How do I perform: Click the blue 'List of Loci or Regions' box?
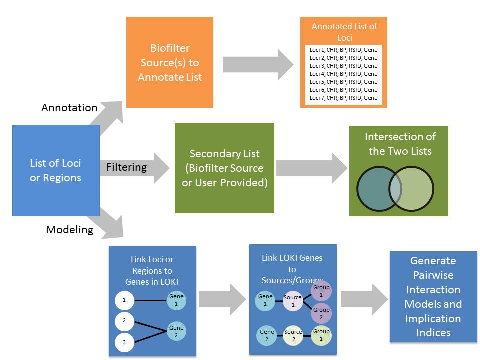pyautogui.click(x=56, y=170)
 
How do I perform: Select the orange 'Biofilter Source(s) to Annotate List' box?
pyautogui.click(x=170, y=62)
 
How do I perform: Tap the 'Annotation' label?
pyautogui.click(x=69, y=108)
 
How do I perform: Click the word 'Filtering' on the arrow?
pyautogui.click(x=126, y=167)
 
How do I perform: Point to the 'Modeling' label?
pyautogui.click(x=70, y=229)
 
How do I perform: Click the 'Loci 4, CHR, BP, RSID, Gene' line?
pyautogui.click(x=344, y=74)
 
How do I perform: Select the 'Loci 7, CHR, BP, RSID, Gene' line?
pyautogui.click(x=344, y=98)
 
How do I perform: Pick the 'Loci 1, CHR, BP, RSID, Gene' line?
pyautogui.click(x=344, y=50)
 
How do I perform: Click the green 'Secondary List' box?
pyautogui.click(x=224, y=168)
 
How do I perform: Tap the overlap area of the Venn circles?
pyautogui.click(x=395, y=189)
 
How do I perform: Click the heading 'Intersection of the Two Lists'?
pyautogui.click(x=400, y=144)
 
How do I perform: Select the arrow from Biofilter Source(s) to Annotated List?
pyautogui.click(x=258, y=65)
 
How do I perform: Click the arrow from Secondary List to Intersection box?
pyautogui.click(x=312, y=168)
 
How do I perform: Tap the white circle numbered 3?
pyautogui.click(x=124, y=342)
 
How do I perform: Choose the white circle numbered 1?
pyautogui.click(x=124, y=300)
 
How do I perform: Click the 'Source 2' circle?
pyautogui.click(x=293, y=335)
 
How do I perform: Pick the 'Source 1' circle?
pyautogui.click(x=293, y=301)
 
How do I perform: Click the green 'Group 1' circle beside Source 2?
pyautogui.click(x=321, y=335)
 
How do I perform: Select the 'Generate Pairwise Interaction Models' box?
pyautogui.click(x=433, y=297)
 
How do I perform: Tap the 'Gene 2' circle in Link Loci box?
pyautogui.click(x=176, y=331)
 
